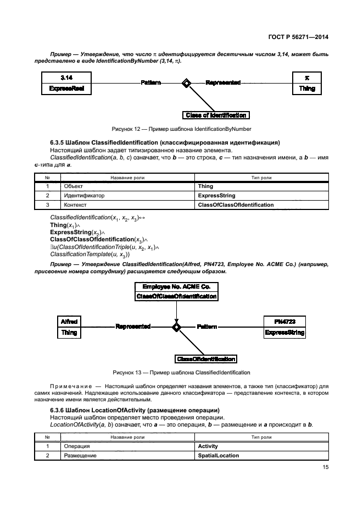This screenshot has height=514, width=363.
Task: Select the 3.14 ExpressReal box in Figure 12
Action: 66,83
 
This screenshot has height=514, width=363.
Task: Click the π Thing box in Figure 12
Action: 306,83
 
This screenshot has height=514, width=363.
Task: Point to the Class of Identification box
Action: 216,115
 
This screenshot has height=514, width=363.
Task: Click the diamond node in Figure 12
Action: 187,83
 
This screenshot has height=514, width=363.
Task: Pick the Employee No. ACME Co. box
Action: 176,292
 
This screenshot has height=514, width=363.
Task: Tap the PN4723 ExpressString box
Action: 284,327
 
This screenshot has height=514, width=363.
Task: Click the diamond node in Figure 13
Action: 176,327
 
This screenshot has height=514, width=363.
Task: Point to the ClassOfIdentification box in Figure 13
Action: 206,359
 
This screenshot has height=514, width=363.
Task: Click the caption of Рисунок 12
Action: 181,129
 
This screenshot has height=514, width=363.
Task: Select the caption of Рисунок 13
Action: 181,372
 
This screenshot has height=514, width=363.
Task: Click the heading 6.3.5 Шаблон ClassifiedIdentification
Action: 165,142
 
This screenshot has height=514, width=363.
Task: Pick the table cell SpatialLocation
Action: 218,456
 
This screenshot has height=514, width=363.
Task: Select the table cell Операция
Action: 76,446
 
